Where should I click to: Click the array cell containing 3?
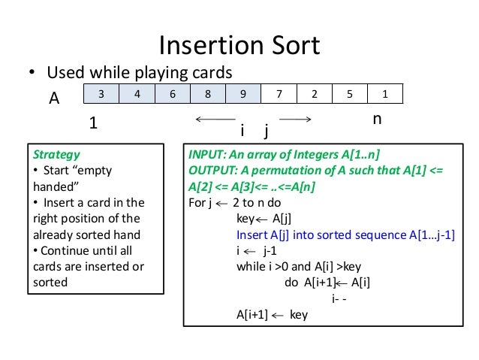101,94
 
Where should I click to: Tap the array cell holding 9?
242,94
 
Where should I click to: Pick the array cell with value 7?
279,94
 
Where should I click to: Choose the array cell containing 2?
315,94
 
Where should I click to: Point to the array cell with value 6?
172,94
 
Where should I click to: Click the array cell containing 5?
351,94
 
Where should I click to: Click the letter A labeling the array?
54,98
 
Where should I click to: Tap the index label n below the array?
377,119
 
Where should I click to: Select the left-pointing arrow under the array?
215,119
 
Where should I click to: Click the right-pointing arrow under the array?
294,119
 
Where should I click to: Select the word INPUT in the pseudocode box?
212,154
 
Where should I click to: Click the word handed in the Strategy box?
50,186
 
